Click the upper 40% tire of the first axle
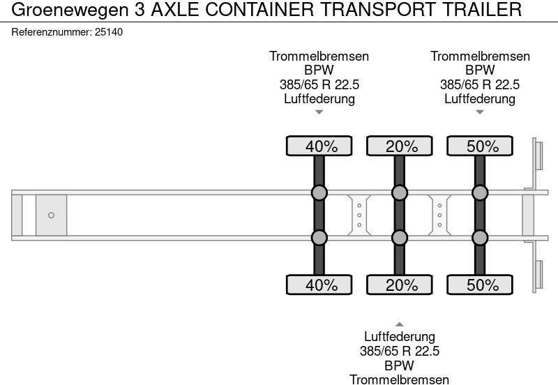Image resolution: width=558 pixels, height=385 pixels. click(x=319, y=146)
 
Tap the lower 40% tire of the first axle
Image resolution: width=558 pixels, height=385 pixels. click(x=319, y=285)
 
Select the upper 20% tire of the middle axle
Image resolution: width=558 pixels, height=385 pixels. click(x=400, y=146)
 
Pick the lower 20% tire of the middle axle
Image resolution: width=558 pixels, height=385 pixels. click(x=400, y=285)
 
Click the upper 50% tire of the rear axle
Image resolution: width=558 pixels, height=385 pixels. click(x=480, y=146)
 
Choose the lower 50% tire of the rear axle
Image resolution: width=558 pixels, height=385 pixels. click(x=480, y=285)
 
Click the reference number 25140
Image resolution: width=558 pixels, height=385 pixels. click(x=109, y=32)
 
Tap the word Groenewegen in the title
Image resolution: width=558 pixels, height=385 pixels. click(x=70, y=10)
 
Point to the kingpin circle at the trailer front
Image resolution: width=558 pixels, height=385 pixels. click(x=51, y=216)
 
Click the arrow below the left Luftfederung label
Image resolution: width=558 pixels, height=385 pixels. click(x=319, y=112)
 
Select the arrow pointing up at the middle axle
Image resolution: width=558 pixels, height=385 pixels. click(x=400, y=324)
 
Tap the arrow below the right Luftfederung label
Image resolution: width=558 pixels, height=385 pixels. click(x=480, y=112)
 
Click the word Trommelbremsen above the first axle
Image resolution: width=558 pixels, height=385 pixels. click(x=319, y=56)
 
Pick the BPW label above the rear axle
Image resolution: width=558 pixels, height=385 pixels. click(x=480, y=70)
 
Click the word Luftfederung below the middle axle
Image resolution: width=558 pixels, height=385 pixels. click(x=400, y=337)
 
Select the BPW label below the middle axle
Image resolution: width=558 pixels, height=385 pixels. click(x=400, y=365)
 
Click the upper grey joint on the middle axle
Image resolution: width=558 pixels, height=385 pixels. click(x=400, y=193)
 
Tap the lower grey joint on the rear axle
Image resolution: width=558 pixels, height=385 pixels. click(x=480, y=238)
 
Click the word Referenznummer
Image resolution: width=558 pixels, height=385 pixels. click(x=52, y=32)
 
